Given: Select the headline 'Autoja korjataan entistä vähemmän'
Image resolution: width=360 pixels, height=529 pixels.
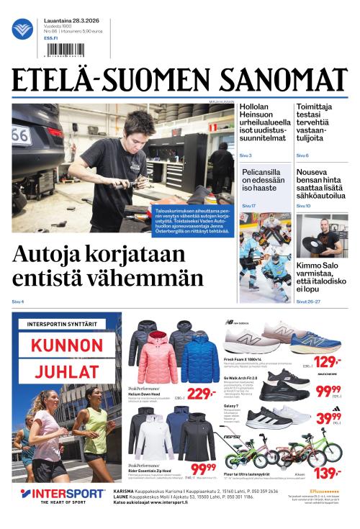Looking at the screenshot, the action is tap(108, 266).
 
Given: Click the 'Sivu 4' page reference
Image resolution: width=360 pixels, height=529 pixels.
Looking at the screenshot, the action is tap(18, 301).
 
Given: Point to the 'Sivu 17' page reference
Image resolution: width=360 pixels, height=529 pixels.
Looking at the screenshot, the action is tap(249, 206).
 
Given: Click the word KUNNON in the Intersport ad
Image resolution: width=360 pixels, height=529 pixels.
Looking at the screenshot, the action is tap(67, 345).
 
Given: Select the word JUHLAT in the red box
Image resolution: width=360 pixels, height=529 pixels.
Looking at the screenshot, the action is tap(67, 371).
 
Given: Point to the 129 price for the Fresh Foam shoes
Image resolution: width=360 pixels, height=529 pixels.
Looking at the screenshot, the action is tap(327, 361).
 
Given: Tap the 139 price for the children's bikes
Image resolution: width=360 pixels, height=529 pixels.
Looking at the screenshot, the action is tap(328, 472).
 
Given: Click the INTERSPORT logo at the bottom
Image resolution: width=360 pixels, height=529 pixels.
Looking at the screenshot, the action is tap(63, 494).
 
